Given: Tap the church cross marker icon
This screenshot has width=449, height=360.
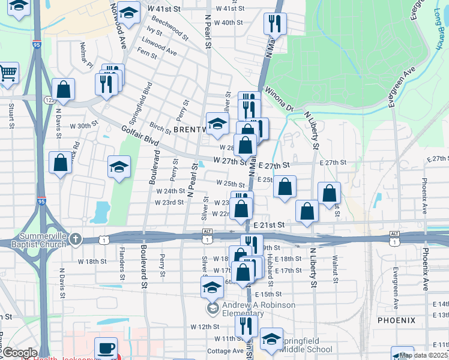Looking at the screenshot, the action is click(x=74, y=239).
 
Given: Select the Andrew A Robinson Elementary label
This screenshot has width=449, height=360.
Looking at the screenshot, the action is click(x=251, y=308).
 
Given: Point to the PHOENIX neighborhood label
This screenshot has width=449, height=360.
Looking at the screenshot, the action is click(x=396, y=320).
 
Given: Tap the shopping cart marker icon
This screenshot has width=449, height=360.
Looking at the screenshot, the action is click(x=8, y=74).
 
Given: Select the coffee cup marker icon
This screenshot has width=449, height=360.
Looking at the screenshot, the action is click(x=106, y=349).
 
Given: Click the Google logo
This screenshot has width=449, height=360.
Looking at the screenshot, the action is click(x=20, y=353).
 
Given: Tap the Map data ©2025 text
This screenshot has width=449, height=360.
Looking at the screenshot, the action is click(x=423, y=355).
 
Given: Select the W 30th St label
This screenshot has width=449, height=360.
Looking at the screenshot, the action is click(x=83, y=126).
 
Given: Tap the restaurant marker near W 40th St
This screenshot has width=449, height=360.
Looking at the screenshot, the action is click(x=275, y=24).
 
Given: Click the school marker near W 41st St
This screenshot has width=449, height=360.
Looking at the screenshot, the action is click(x=128, y=13).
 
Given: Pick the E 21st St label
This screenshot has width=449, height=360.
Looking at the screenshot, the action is click(x=268, y=224).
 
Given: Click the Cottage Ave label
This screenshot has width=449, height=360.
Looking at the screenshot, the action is click(x=225, y=351).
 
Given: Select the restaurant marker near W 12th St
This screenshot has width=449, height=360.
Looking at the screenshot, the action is click(x=246, y=326).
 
